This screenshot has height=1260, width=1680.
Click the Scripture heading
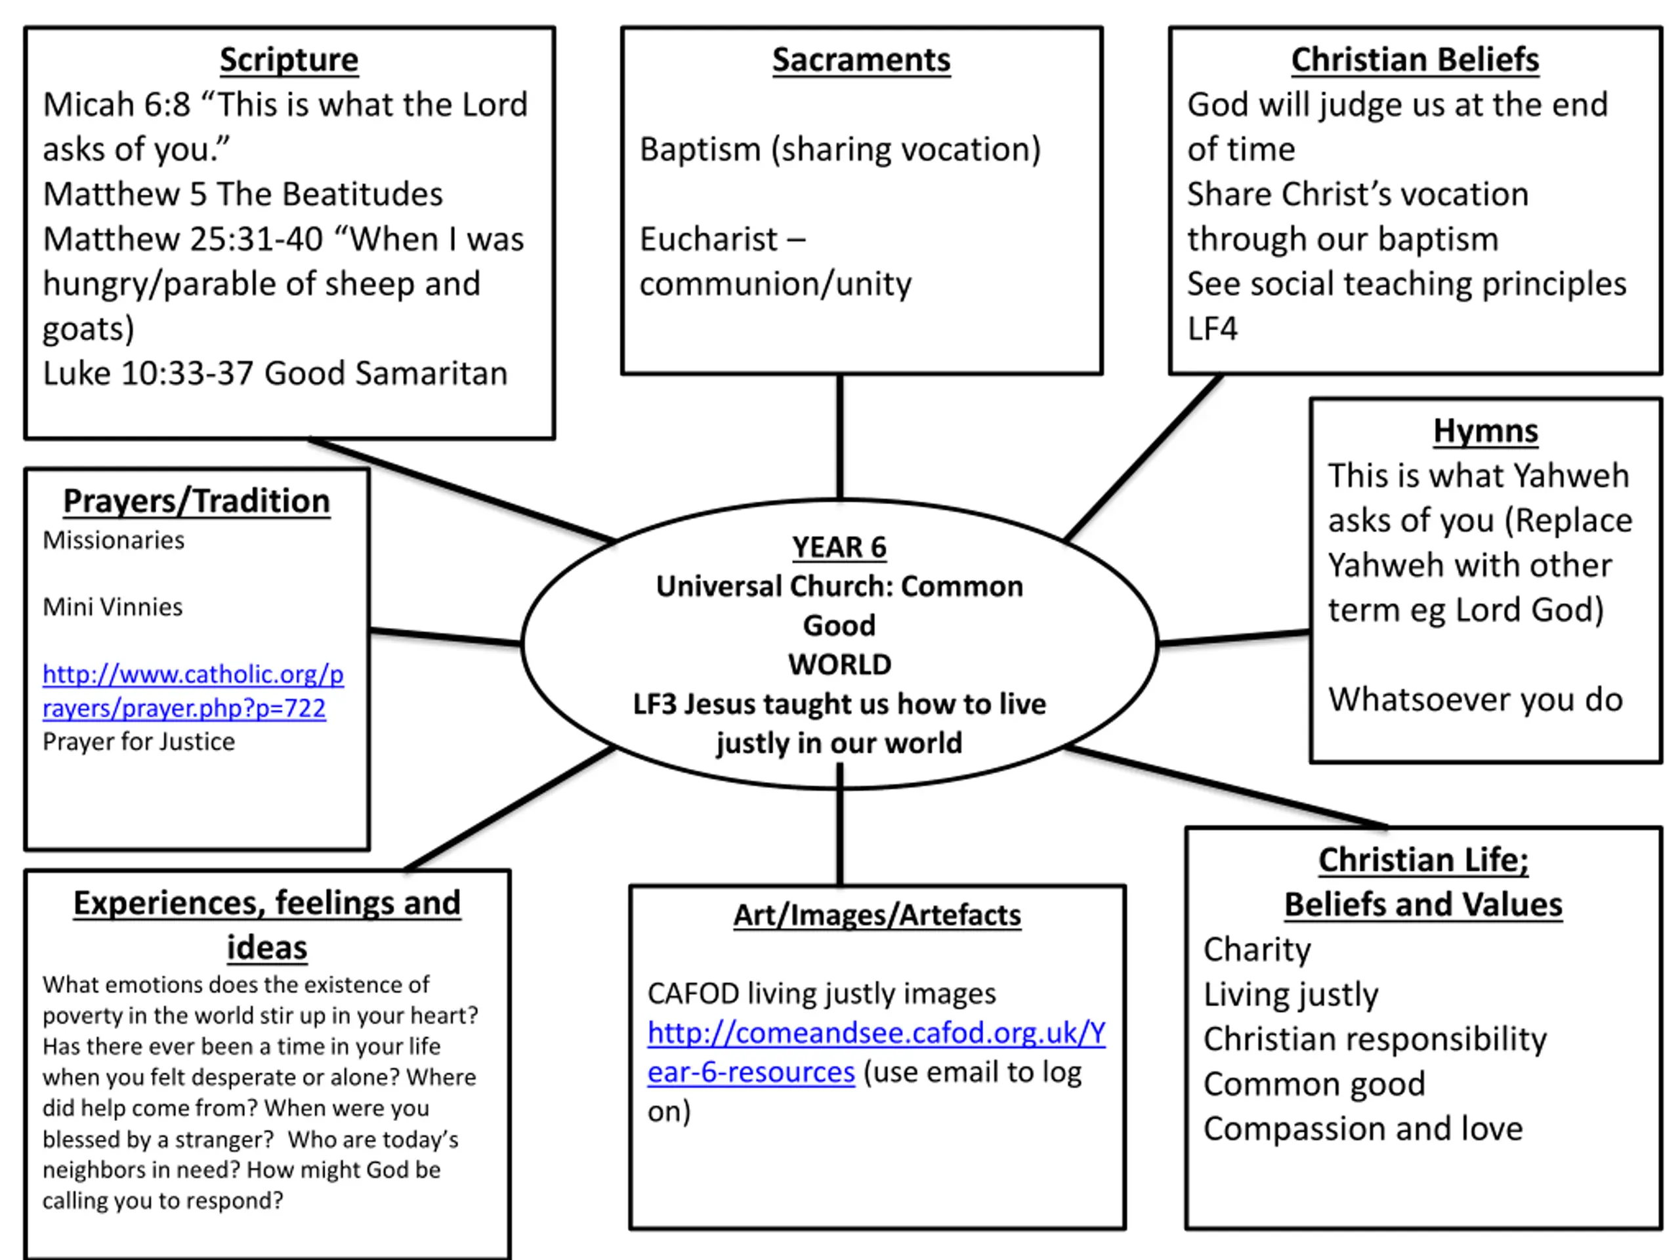tap(289, 60)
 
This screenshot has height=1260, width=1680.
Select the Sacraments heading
tap(861, 60)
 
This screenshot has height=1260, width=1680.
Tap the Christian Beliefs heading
tap(1415, 60)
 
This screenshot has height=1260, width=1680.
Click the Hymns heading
tap(1486, 430)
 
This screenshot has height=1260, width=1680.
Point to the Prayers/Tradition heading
tap(197, 501)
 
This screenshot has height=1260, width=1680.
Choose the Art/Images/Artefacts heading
tap(877, 915)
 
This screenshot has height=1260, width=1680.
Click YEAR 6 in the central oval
tap(839, 547)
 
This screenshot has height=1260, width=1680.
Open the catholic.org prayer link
tap(193, 690)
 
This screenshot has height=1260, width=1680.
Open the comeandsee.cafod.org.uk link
tap(877, 1052)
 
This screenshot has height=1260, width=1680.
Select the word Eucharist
tap(709, 240)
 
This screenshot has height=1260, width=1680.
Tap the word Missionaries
tap(113, 540)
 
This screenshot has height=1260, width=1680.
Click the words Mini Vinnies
tap(112, 607)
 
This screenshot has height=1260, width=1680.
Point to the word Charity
tap(1257, 950)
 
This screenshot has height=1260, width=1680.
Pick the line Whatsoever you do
tap(1475, 700)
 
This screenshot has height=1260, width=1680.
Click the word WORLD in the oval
tap(839, 665)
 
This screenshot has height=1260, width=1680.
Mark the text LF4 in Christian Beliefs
tap(1212, 329)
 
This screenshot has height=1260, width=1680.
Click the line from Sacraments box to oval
tap(840, 436)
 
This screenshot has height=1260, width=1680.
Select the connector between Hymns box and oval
tap(1234, 638)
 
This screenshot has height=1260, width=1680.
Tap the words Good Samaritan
tap(386, 373)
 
